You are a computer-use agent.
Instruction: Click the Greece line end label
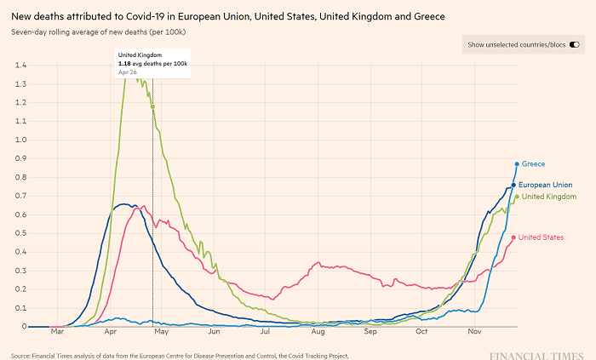pyautogui.click(x=533, y=163)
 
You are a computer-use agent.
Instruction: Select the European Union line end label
pyautogui.click(x=544, y=185)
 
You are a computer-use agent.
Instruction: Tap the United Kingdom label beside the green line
pyautogui.click(x=549, y=197)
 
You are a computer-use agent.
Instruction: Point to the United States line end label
pyautogui.click(x=541, y=237)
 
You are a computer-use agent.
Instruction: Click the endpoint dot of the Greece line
pyautogui.click(x=517, y=164)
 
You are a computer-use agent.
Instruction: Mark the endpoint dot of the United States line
pyautogui.click(x=513, y=237)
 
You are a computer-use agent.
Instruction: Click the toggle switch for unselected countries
pyautogui.click(x=575, y=44)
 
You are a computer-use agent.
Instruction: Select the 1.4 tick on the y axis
pyautogui.click(x=20, y=66)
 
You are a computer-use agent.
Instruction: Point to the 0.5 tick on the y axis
pyautogui.click(x=20, y=233)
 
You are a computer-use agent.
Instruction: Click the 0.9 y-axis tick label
pyautogui.click(x=20, y=158)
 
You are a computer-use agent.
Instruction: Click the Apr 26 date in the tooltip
pyautogui.click(x=127, y=72)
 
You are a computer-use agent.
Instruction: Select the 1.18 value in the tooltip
pyautogui.click(x=124, y=63)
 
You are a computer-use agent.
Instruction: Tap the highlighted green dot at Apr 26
pyautogui.click(x=152, y=106)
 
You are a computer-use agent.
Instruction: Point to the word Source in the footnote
pyautogui.click(x=23, y=356)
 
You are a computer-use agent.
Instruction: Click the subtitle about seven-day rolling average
pyautogui.click(x=100, y=31)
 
